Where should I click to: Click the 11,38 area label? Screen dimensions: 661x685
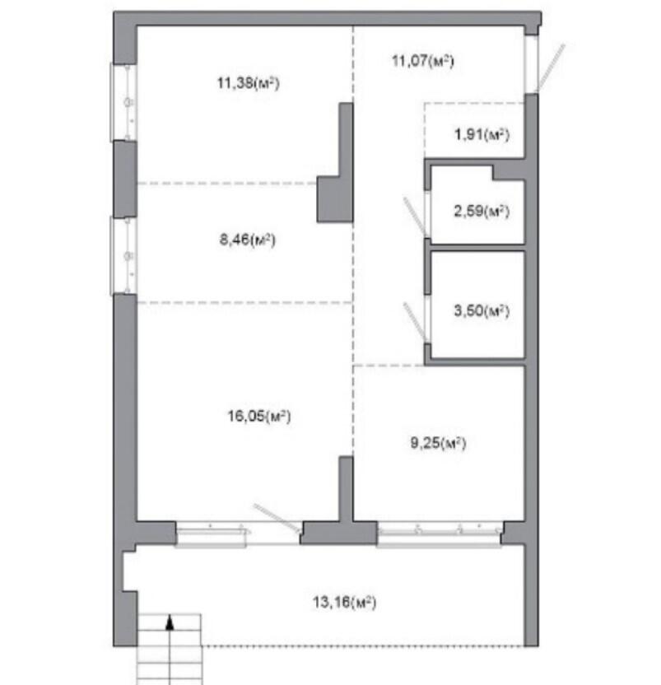[x=248, y=82]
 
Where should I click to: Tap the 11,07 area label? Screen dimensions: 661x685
[x=422, y=61]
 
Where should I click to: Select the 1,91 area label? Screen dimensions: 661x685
[x=482, y=134]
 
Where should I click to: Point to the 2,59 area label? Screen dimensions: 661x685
[x=482, y=212]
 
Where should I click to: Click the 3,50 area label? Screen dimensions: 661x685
[x=482, y=310]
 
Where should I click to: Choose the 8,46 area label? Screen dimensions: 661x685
[x=247, y=240]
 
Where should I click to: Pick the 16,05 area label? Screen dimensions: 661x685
[x=258, y=416]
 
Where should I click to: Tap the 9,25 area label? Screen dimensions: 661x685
[x=438, y=443]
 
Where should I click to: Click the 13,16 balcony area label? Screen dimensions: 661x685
[x=344, y=603]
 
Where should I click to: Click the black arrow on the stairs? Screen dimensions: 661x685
[x=170, y=622]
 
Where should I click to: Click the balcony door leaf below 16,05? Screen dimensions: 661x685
[x=277, y=518]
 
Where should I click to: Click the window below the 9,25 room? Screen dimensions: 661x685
[x=440, y=534]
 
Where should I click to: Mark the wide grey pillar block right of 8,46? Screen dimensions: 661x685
[x=335, y=199]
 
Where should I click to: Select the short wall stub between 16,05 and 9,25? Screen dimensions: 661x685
[x=346, y=489]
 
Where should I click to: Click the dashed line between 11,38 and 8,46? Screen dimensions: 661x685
[x=226, y=184]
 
